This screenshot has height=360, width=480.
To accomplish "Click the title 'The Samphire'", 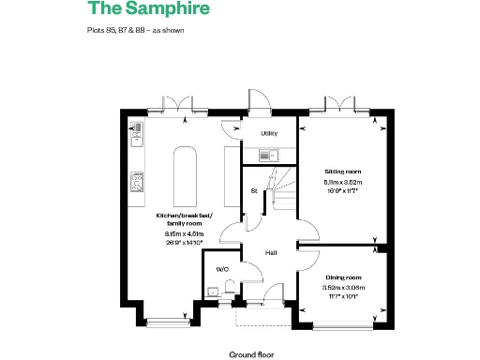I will coord(149,10).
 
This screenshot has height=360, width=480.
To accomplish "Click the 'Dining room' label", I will coord(342,277).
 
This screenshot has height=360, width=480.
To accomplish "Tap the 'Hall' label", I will coord(269,253).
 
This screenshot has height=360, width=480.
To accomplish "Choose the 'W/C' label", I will coord(222,269).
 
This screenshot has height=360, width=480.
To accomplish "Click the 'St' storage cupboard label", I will coord(253,190).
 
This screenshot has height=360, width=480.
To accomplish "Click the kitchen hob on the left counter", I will coord(137,182).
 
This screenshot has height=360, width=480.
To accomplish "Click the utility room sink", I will coord(266,156).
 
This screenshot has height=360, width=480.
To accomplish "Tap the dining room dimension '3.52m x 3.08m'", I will coord(342,288).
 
